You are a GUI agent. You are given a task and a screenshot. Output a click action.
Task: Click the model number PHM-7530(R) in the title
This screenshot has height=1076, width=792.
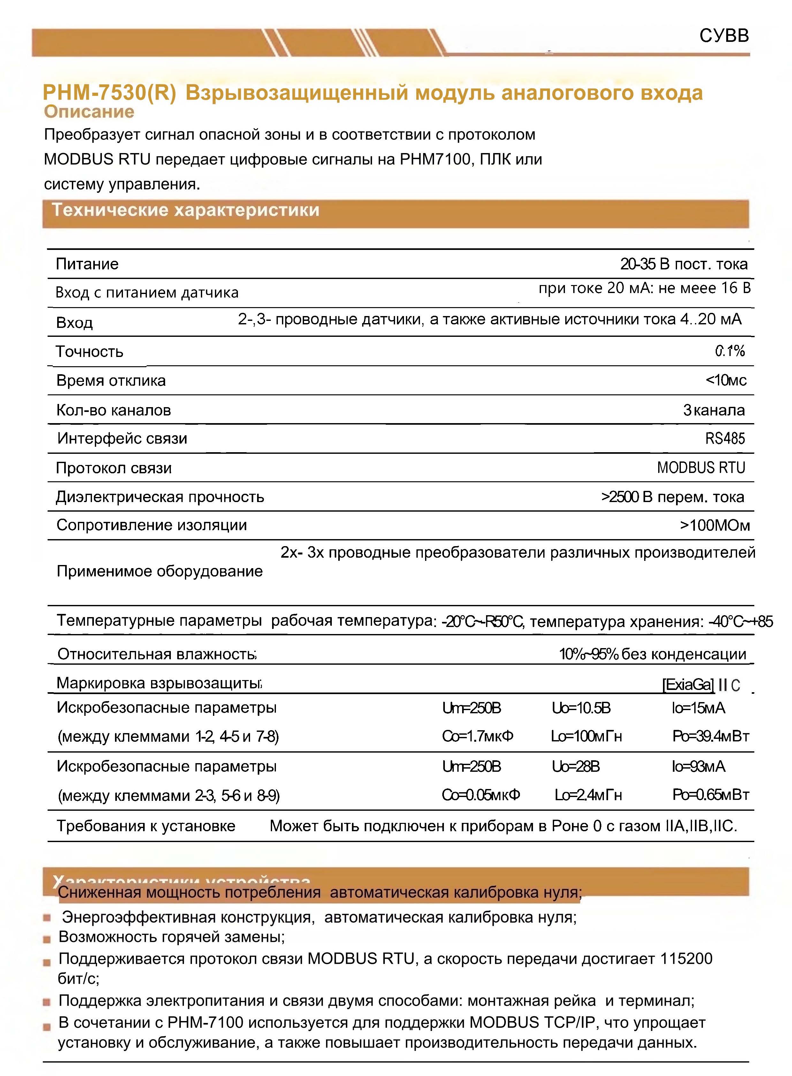[x=109, y=93]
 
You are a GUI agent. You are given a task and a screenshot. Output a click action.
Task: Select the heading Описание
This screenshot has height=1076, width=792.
[x=89, y=112]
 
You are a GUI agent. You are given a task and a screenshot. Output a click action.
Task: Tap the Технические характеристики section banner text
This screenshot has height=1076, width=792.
[x=186, y=210]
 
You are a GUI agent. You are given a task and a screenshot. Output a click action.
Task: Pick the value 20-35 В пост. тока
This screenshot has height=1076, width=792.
[x=684, y=264]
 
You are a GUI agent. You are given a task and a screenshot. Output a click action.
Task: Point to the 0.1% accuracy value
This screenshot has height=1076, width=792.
[x=730, y=351]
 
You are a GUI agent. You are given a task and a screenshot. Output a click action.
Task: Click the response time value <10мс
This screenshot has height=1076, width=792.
[x=726, y=380]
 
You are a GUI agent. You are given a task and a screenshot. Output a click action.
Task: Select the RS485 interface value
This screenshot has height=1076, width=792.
[x=725, y=438]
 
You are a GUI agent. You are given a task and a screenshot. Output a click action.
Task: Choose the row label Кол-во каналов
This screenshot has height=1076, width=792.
[x=114, y=410]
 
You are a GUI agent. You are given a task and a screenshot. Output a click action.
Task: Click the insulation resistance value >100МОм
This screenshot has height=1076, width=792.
[x=714, y=525]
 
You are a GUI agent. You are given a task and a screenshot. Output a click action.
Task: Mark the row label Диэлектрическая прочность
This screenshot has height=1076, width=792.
[x=160, y=497]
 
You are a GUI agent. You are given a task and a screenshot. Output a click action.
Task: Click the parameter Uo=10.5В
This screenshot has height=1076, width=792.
[x=581, y=708]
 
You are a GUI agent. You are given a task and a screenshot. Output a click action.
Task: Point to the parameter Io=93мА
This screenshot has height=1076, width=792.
[x=698, y=767]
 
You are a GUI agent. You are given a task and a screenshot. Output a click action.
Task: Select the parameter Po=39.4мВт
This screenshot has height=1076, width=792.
[x=711, y=736]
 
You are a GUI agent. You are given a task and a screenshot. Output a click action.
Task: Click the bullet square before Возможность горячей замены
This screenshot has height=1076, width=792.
[x=47, y=939]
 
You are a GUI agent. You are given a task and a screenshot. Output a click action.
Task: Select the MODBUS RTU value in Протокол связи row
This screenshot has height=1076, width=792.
[x=701, y=468]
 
